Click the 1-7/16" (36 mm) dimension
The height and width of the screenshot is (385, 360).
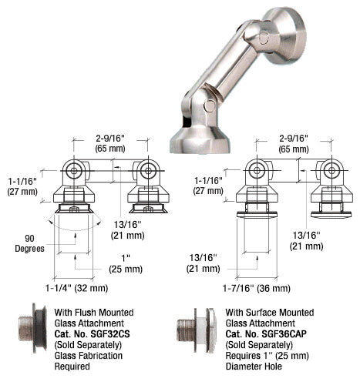point(259,288)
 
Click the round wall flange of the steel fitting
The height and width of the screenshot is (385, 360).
point(285,36)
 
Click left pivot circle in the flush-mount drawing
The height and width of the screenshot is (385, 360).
point(74,170)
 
